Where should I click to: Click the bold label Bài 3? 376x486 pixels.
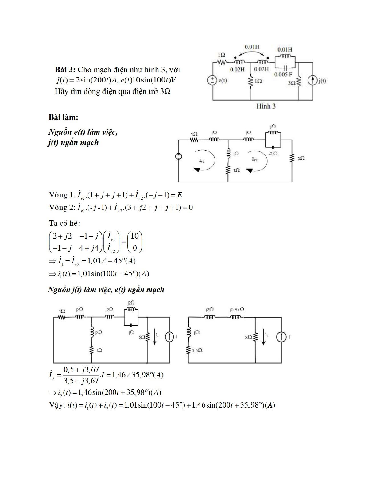(x=65, y=70)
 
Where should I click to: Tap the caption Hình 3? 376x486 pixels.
(x=266, y=106)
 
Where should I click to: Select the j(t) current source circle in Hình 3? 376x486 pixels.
(x=312, y=81)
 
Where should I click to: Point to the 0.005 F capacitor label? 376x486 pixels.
(x=283, y=74)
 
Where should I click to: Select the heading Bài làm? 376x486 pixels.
(x=63, y=117)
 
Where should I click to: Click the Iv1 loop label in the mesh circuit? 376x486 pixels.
(x=202, y=160)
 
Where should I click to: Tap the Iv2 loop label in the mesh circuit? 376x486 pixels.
(x=254, y=159)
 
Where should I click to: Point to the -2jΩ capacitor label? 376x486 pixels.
(x=273, y=154)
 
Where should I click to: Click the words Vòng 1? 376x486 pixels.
(x=62, y=195)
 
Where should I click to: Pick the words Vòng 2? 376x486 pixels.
(x=62, y=207)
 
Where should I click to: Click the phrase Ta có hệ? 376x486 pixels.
(x=65, y=223)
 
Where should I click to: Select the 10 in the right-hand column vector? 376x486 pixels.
(x=134, y=236)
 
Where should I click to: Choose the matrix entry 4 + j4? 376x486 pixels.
(x=89, y=248)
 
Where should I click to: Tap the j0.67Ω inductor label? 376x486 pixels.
(x=237, y=309)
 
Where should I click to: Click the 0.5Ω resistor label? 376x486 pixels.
(x=197, y=350)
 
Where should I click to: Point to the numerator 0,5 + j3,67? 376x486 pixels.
(x=81, y=369)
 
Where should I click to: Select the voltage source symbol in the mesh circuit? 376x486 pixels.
(x=178, y=157)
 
